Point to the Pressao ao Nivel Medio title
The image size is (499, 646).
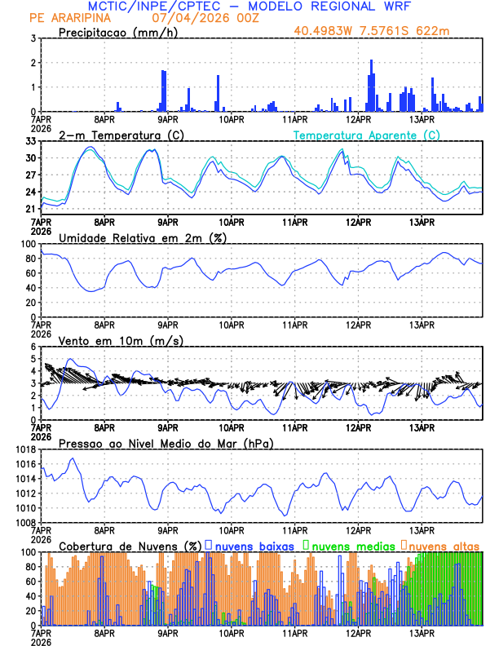click(x=166, y=443)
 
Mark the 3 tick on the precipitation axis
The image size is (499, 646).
click(x=33, y=38)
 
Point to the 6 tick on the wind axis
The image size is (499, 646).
click(x=33, y=347)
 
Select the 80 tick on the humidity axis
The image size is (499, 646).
click(x=30, y=259)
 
